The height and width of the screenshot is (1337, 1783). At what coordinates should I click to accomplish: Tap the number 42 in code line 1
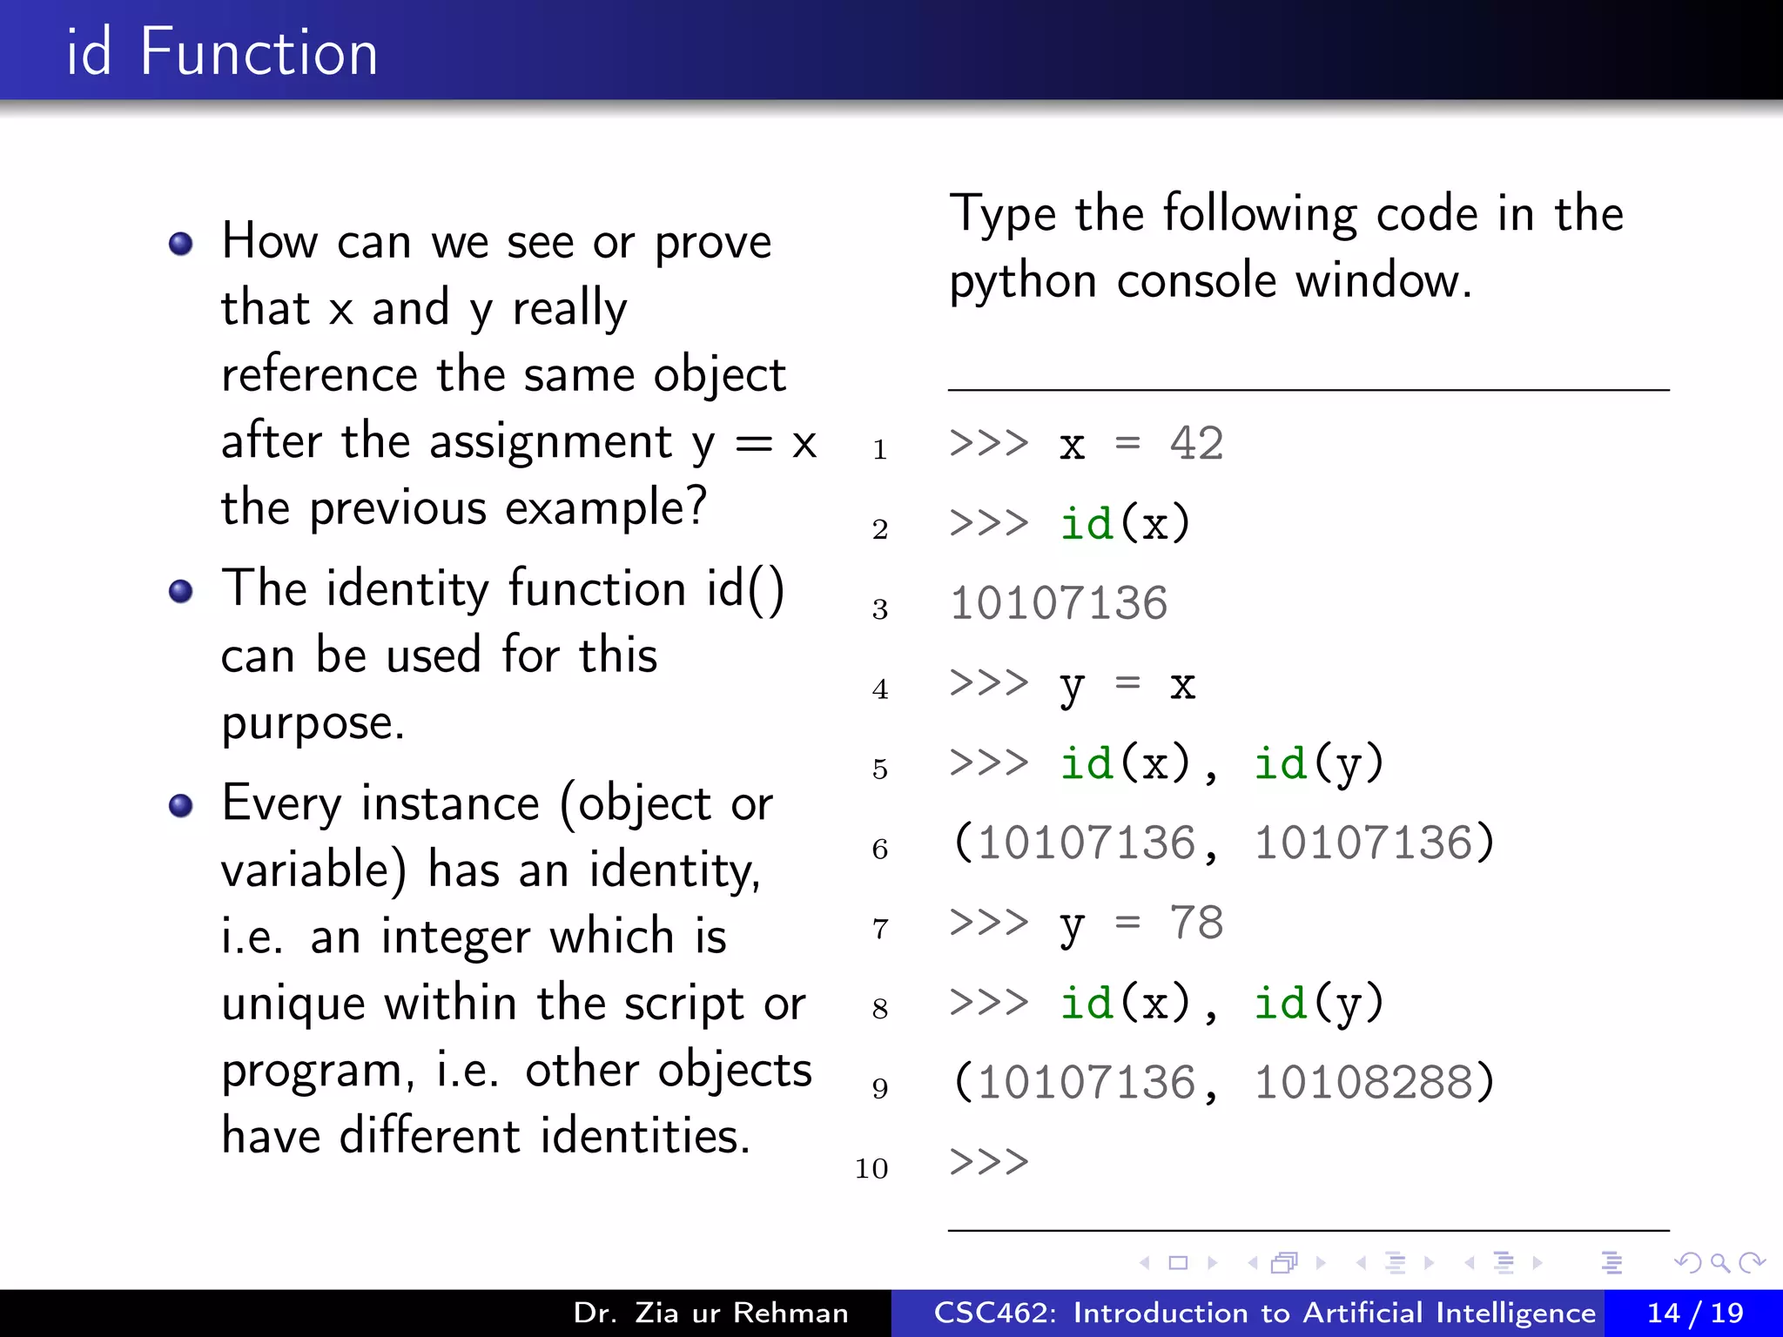(1196, 444)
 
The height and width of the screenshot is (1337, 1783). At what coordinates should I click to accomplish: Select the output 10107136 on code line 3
(1059, 603)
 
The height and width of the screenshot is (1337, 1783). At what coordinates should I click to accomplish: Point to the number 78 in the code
(1196, 923)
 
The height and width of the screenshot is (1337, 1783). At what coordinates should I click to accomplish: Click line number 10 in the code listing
(871, 1168)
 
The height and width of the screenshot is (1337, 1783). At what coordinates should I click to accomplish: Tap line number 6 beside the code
(880, 849)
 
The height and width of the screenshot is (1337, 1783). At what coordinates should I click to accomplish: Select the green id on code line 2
(1087, 524)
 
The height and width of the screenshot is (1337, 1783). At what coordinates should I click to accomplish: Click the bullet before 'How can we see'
(181, 244)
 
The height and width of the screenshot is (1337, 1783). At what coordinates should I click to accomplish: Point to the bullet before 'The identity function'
(181, 592)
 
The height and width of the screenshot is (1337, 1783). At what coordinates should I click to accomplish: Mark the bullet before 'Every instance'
(181, 806)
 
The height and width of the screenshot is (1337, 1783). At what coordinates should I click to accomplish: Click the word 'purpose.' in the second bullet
(313, 722)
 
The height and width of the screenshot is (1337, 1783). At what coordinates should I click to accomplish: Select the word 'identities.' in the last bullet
(645, 1136)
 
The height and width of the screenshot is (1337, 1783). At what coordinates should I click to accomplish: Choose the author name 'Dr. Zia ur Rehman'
(710, 1313)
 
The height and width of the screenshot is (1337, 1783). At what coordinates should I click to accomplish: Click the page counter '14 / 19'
(1694, 1313)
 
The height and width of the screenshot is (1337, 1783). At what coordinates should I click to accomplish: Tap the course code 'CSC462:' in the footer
(995, 1313)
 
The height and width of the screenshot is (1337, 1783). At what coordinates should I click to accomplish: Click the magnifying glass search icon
(1719, 1262)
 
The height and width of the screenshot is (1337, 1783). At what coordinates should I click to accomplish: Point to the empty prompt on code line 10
(989, 1162)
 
